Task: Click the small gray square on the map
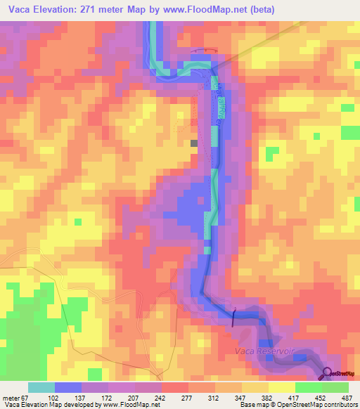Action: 194,143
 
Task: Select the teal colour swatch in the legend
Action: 41,387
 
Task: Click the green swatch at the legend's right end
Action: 335,387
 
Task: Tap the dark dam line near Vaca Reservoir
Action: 233,319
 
